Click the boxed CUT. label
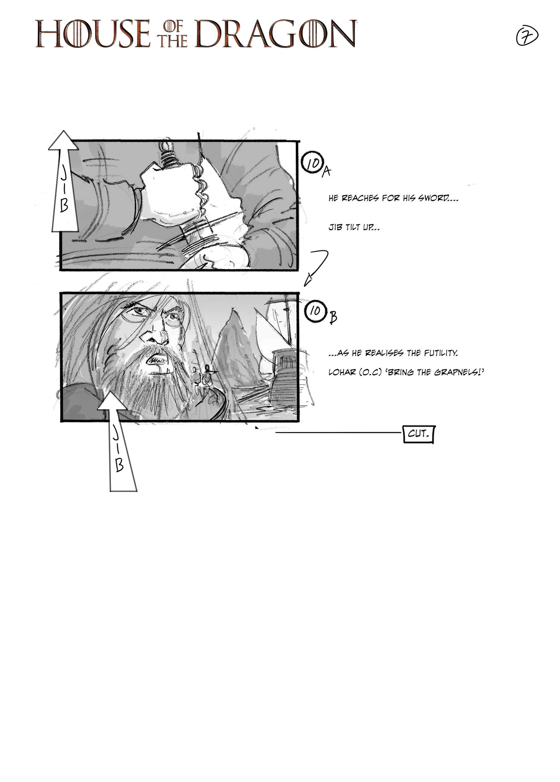[x=418, y=434]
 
